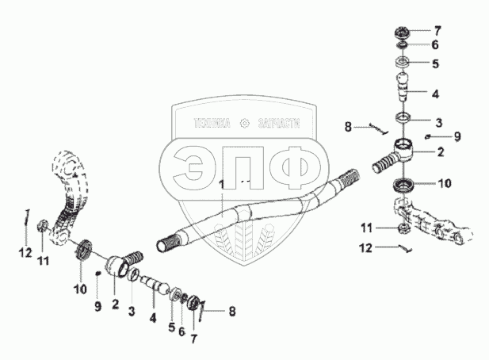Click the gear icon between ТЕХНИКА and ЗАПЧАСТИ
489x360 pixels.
tap(244, 124)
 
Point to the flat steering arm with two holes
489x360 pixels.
tap(438, 225)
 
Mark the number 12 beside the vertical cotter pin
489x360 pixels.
tap(25, 252)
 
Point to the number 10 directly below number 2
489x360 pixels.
tap(445, 183)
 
